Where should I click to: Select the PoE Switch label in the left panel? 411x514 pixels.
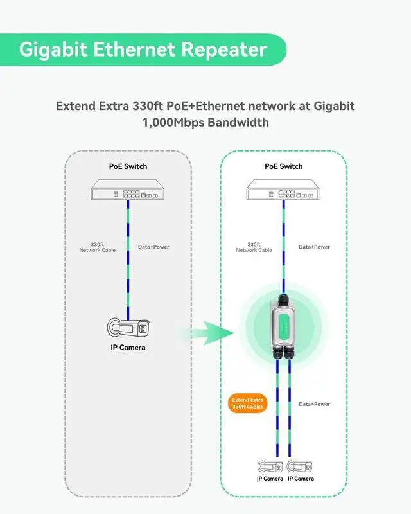point(128,166)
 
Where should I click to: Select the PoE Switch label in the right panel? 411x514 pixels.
point(283,166)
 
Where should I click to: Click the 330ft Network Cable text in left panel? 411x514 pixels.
point(97,247)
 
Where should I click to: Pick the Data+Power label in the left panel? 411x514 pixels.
point(153,247)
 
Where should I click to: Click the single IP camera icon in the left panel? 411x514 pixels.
point(127,327)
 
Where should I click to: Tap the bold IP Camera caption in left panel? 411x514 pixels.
point(128,348)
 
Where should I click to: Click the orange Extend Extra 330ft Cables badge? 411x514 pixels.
point(248,403)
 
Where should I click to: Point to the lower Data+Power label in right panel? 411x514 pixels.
point(314,404)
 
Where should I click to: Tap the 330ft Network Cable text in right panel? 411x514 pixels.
point(254,247)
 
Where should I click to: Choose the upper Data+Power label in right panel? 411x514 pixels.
point(314,247)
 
